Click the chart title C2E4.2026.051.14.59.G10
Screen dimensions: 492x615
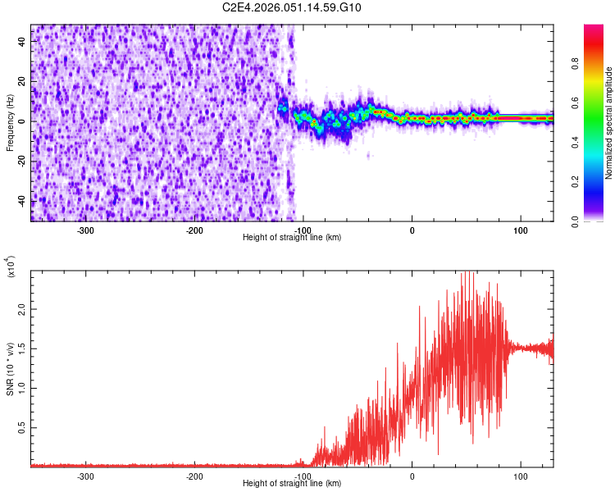292,8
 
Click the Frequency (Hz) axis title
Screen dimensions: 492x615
10,123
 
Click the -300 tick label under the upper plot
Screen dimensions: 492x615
86,230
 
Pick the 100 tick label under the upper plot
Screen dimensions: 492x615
520,230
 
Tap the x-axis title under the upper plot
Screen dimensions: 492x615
292,238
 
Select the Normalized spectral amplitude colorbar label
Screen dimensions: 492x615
609,123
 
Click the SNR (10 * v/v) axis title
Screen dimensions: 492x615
10,368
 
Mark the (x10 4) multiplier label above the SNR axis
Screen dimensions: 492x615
11,266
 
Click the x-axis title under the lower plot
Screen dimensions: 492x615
292,484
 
